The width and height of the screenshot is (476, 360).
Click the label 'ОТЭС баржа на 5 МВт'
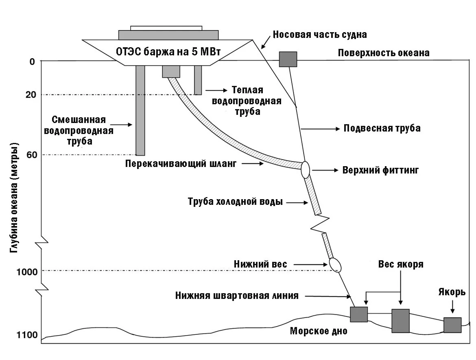point(168,52)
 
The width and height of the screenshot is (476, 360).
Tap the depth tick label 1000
point(27,272)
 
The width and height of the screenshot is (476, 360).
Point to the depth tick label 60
point(32,155)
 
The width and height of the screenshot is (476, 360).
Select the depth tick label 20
point(31,95)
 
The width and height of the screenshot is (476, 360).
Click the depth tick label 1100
point(27,335)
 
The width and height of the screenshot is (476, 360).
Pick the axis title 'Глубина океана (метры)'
point(14,198)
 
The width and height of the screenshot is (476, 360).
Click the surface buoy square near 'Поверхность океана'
point(288,59)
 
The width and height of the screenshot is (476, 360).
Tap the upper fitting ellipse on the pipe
point(306,169)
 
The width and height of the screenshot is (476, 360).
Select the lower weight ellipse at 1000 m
point(335,265)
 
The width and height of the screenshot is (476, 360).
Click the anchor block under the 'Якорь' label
point(452,325)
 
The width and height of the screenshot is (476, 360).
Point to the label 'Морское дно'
point(319,331)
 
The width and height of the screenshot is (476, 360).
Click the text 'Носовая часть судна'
point(320,34)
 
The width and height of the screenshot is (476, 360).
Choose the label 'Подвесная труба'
point(382,128)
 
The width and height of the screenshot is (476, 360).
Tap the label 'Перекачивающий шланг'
point(181,164)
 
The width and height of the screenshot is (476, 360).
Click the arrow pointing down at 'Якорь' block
point(452,306)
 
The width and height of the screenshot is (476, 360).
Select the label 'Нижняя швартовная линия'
point(237,296)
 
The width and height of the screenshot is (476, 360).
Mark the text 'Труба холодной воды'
point(235,202)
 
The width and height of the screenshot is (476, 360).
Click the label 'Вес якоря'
point(401,264)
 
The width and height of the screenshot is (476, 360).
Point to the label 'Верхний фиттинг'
point(380,170)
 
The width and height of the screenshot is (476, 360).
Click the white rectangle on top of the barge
point(166,28)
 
